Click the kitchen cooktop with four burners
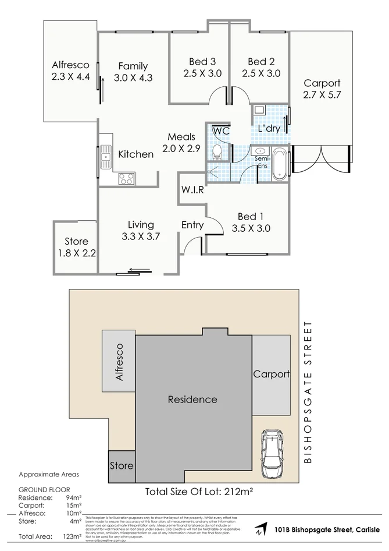pyautogui.click(x=127, y=178)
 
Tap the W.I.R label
pyautogui.click(x=191, y=189)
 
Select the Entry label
pyautogui.click(x=192, y=225)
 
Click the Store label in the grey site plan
pyautogui.click(x=122, y=466)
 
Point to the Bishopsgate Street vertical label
pyautogui.click(x=308, y=391)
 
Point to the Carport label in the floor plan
pyautogui.click(x=322, y=83)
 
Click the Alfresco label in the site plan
pyautogui.click(x=119, y=362)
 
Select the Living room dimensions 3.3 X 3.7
pyautogui.click(x=141, y=236)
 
